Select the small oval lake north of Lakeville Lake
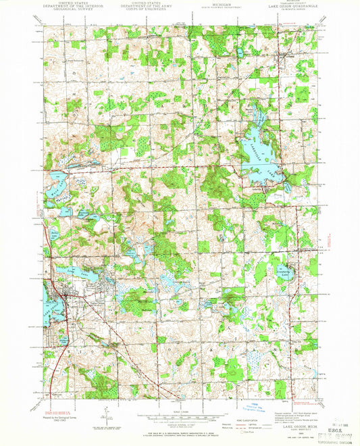tap(239, 52)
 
